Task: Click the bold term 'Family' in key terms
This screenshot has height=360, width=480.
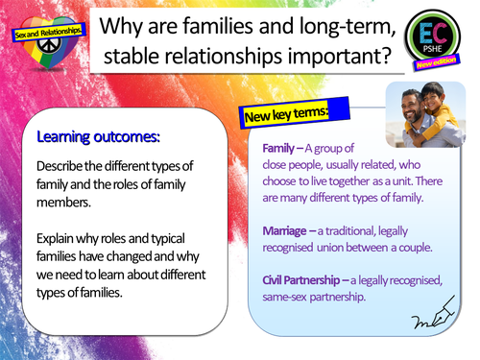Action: click(283, 150)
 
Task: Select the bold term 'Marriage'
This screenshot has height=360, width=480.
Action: click(290, 229)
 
